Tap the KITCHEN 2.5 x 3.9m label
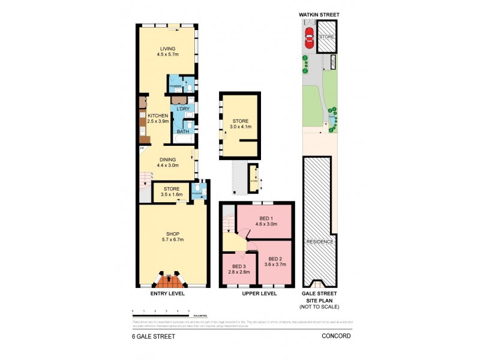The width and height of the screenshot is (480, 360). click(157, 118)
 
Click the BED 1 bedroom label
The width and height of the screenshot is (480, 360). click(265, 221)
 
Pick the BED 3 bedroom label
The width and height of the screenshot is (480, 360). click(239, 269)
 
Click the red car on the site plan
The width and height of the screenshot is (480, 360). click(310, 38)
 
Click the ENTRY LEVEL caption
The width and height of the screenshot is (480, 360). click(167, 294)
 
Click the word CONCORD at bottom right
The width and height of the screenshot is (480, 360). click(336, 337)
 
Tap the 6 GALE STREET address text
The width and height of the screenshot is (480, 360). click(154, 337)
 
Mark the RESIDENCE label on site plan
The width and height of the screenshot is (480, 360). click(320, 242)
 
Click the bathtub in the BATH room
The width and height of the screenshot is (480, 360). click(182, 139)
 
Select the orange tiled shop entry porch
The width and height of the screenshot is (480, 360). click(169, 279)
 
